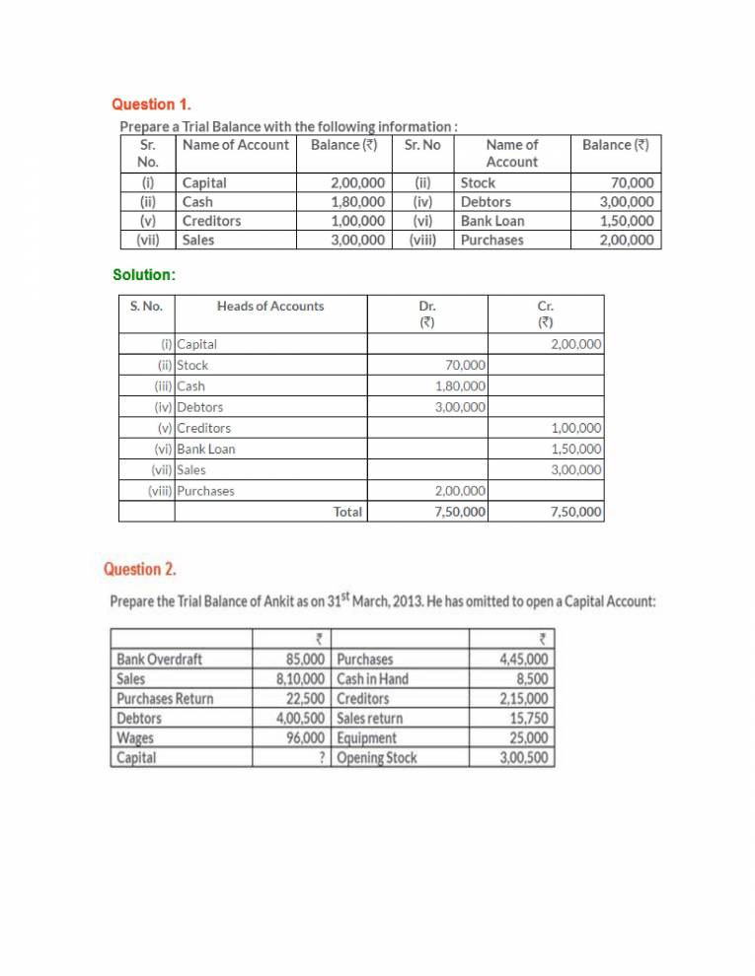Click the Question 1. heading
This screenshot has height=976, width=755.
(x=151, y=104)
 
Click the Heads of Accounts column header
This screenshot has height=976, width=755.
(x=269, y=307)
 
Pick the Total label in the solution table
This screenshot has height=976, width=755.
(x=347, y=512)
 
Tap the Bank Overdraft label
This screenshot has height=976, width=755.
(x=160, y=660)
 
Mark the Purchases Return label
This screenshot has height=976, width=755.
(x=165, y=699)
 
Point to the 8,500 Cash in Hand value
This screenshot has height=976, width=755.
(x=534, y=679)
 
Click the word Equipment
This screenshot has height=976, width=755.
(x=366, y=738)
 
